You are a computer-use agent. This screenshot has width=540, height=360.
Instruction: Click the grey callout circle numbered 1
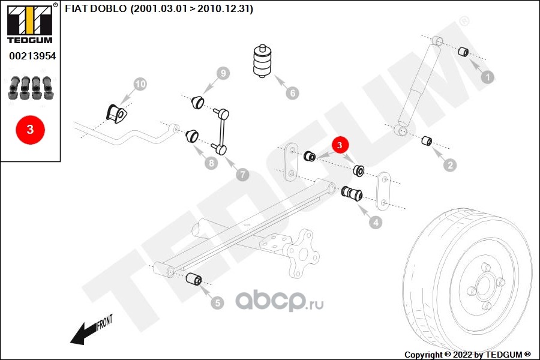(487, 77)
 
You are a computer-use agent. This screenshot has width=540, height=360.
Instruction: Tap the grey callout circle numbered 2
(450, 165)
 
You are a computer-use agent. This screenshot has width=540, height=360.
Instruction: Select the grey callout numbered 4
(376, 222)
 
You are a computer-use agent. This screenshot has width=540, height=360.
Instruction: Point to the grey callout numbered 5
(217, 303)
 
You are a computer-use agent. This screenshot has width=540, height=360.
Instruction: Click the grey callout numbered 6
(292, 92)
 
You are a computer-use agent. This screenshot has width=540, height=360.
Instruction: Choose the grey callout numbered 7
(242, 175)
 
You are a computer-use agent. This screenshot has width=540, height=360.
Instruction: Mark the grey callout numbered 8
(211, 163)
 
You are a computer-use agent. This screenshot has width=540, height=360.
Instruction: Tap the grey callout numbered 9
(223, 73)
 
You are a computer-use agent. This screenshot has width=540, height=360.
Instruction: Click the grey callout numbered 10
(140, 84)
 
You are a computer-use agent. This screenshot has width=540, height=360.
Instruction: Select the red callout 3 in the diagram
(340, 145)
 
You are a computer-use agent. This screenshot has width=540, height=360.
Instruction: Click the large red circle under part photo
(31, 130)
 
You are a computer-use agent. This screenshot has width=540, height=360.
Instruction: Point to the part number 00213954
(32, 56)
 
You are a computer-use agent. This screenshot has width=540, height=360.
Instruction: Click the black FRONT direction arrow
(83, 334)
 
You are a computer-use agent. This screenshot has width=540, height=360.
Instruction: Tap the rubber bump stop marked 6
(262, 61)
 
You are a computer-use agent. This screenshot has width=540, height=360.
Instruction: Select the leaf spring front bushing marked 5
(194, 278)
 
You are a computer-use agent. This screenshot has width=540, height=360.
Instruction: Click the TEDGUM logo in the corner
(30, 24)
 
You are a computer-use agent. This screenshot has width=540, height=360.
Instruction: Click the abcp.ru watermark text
(279, 301)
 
